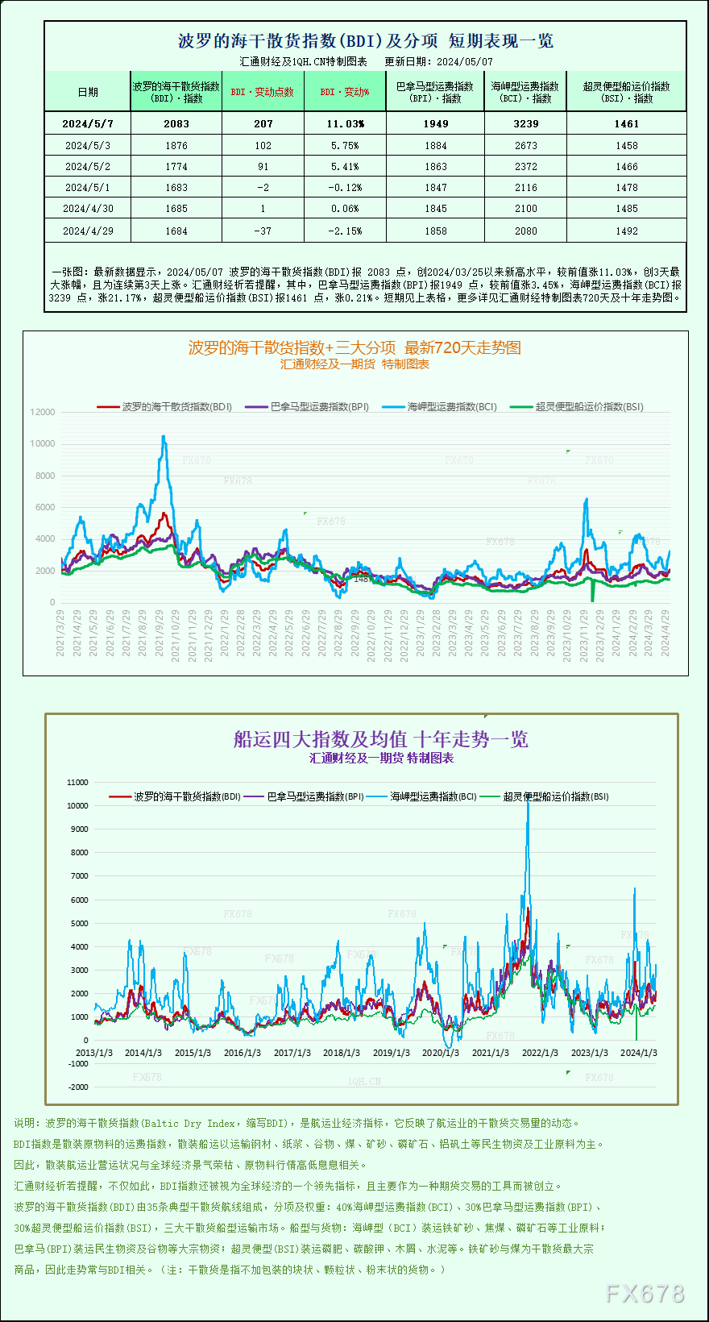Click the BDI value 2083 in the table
pos(176,123)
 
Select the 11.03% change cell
pos(345,123)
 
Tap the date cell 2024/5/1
pos(87,187)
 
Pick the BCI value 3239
pos(525,123)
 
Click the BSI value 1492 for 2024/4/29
pos(626,231)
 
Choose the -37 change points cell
pos(263,231)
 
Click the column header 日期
pos(88,92)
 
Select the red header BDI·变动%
pos(345,92)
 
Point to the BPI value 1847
pos(435,187)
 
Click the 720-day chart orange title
pos(354,347)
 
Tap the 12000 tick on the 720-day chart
pos(43,412)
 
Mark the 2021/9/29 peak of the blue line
pos(164,437)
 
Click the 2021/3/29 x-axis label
pos(61,633)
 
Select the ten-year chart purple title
pos(381,739)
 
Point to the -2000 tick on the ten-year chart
pos(78,1087)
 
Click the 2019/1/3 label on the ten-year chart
pos(391,1053)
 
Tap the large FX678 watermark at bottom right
pos(645,1294)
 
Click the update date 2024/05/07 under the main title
pos(465,61)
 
